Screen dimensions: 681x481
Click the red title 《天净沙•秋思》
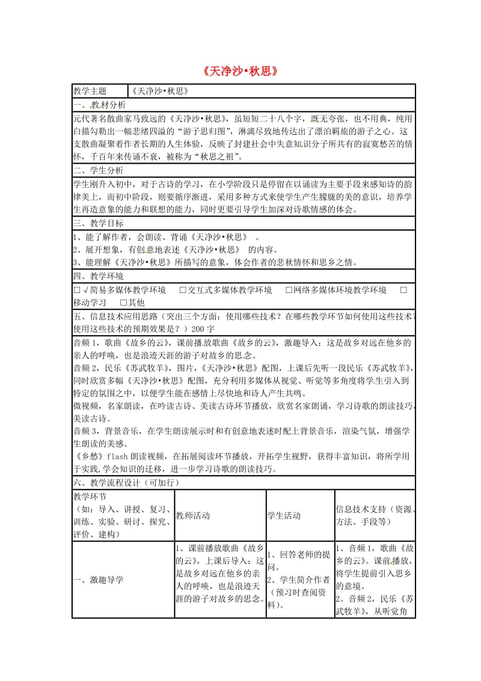240,71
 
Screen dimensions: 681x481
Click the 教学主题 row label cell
90,91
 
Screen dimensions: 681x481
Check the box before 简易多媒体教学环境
76,290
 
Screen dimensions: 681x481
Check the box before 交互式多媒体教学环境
183,290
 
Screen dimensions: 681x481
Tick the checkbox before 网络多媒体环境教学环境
289,290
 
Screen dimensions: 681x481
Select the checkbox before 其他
123,302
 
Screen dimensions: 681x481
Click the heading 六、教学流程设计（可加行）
126,482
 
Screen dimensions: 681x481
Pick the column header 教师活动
193,516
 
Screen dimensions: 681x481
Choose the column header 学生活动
284,516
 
